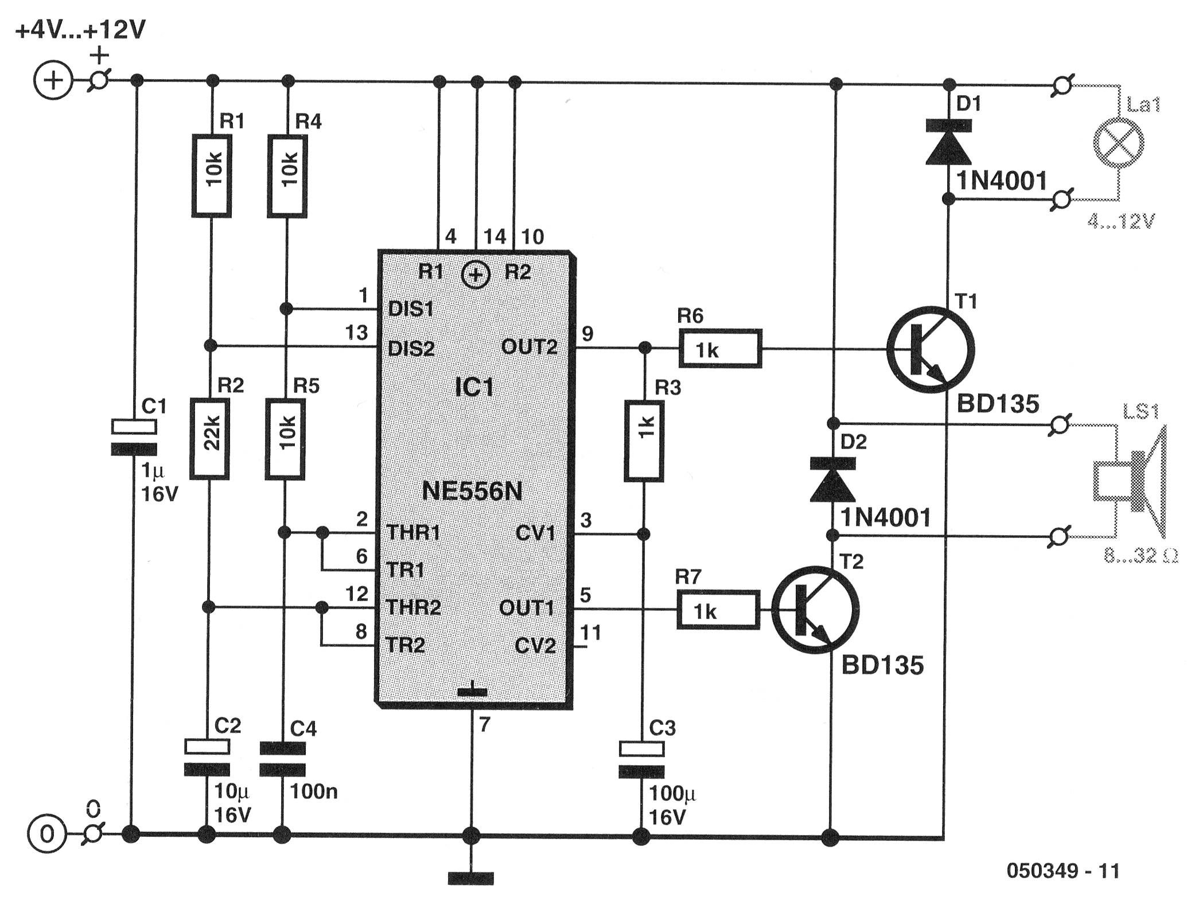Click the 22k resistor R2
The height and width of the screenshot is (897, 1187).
click(x=210, y=439)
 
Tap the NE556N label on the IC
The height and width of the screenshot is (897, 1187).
click(x=472, y=492)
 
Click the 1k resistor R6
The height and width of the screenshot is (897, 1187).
click(x=721, y=348)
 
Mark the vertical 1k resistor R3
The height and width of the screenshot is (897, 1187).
click(x=644, y=440)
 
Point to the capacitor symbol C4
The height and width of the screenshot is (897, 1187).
click(x=282, y=759)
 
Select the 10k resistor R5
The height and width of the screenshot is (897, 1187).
click(x=285, y=439)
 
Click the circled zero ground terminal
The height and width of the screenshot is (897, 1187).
click(x=47, y=834)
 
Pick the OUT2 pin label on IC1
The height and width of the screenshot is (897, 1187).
click(x=529, y=346)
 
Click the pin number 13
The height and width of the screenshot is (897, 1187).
click(x=356, y=333)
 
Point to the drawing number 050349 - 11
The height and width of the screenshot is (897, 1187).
click(x=1063, y=871)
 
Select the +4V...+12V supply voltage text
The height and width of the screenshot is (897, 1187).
click(x=81, y=30)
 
